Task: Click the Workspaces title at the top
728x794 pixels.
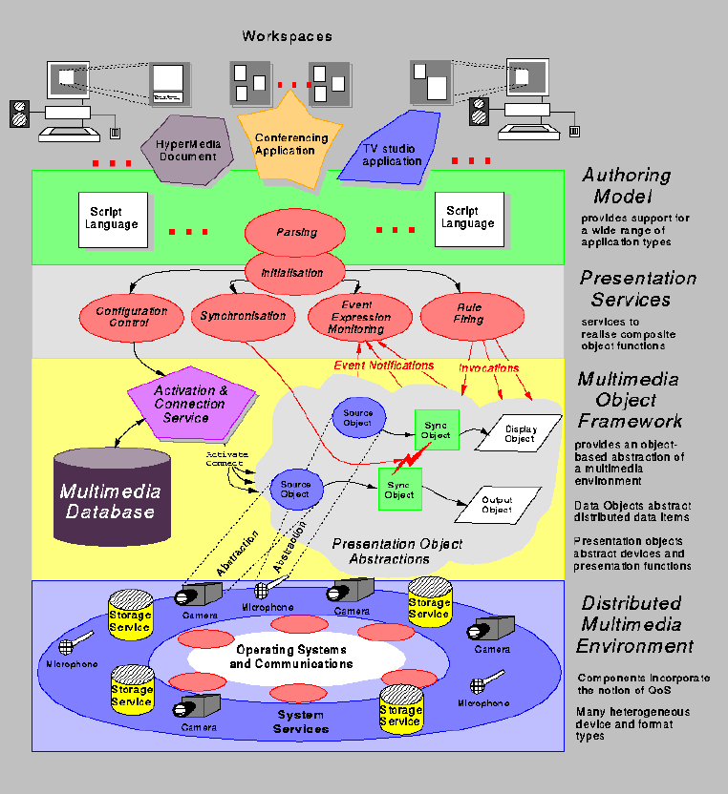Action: point(287,36)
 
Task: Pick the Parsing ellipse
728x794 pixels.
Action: point(296,232)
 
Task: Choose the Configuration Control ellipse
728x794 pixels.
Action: point(131,316)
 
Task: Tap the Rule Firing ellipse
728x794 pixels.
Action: point(468,314)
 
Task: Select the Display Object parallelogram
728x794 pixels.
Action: point(520,434)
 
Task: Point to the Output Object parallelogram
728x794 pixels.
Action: point(496,506)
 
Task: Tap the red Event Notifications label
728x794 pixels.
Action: point(383,366)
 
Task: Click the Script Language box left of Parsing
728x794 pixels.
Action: point(114,219)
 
